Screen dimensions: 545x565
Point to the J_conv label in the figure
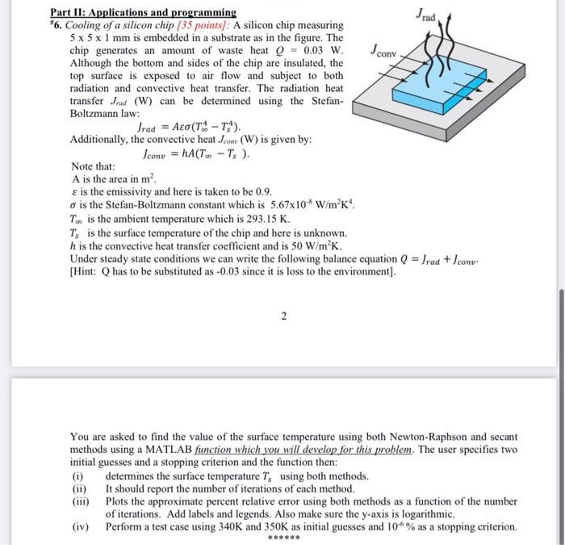tap(383, 53)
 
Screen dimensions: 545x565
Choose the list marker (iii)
tap(80, 501)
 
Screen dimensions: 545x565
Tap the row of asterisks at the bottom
tap(284, 539)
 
